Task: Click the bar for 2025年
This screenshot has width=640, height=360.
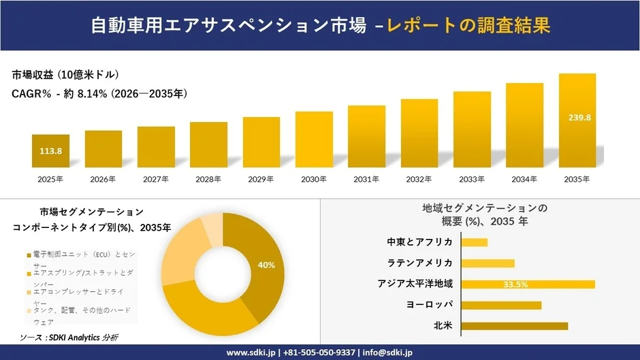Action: pos(50,151)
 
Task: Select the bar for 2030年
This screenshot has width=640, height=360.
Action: pos(314,140)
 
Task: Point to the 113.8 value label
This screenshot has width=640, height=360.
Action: pos(50,151)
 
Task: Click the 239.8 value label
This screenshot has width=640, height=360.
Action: pos(579,118)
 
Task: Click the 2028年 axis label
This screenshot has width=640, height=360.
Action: pos(208,180)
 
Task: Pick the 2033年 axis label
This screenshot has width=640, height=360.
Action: pos(472,180)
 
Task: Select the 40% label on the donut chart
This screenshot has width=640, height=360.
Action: pos(266,265)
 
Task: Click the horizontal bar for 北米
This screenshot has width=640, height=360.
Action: pos(514,326)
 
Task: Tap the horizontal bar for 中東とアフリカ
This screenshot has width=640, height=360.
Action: pos(475,242)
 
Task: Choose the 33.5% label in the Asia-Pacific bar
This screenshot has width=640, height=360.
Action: pos(516,284)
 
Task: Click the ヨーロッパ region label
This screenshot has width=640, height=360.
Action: pos(429,305)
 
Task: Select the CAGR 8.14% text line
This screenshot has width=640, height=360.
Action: pos(99,93)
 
